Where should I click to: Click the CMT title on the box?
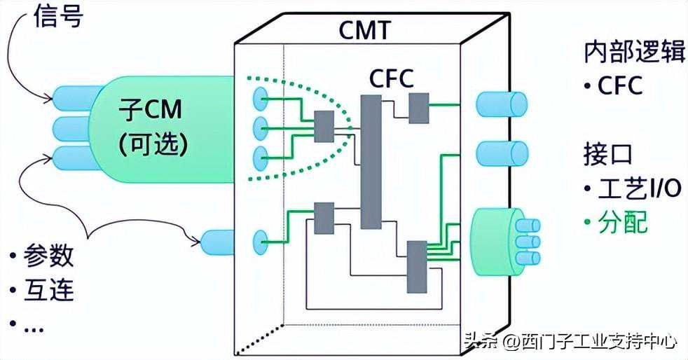364,30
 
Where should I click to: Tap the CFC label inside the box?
392,77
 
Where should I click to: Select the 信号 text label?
58,17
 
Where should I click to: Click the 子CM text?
153,111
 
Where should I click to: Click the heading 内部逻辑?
633,53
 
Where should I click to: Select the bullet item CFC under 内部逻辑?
619,86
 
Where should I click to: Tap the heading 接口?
608,153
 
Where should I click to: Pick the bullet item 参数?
48,256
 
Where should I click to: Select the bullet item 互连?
48,289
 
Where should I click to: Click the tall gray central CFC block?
371,162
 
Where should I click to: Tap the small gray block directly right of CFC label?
419,106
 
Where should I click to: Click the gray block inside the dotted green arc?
324,127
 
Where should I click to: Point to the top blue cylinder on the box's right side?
501,104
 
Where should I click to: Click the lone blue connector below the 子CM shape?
219,242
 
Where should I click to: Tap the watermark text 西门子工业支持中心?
590,341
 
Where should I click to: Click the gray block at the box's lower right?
417,266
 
